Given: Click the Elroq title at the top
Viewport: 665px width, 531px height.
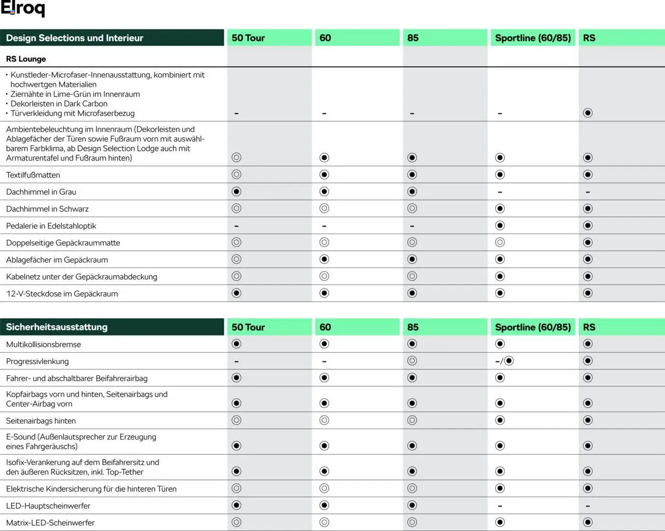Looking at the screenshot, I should pos(23,8).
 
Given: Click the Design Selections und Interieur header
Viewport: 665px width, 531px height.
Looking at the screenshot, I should pos(74,38).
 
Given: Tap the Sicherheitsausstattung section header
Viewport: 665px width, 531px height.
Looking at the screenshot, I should pos(57,327).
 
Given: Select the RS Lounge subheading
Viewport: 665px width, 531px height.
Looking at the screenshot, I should pos(26,59).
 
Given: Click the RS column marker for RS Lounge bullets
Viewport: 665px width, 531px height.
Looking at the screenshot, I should pos(588,113).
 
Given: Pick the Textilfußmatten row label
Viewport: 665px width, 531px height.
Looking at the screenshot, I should pos(33,175).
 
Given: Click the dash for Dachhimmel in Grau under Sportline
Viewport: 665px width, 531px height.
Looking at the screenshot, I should pos(500,192).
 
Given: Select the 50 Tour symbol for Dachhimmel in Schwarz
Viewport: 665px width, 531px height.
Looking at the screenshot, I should pos(236,209).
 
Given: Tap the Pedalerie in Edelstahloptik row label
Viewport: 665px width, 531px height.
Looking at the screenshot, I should pos(51,226).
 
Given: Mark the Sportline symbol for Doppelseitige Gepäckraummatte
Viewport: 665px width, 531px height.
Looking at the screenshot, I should pos(500,242).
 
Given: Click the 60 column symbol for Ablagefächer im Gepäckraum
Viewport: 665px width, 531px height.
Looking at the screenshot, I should pos(324,259).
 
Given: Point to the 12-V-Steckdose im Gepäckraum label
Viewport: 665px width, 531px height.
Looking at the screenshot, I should pos(62,293).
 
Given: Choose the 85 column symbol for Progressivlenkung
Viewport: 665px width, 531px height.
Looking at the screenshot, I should pos(412,361).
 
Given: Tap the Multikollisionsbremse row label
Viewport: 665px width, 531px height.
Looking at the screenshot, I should pos(44,344).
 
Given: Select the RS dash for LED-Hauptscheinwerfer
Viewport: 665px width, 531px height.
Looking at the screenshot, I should pos(588,506).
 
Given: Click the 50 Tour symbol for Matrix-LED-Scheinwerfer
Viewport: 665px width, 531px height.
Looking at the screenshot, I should pos(236,522).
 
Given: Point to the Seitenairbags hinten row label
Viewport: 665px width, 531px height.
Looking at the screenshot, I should pos(41,421).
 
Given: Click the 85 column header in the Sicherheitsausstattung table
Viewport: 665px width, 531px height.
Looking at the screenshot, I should pos(413,327).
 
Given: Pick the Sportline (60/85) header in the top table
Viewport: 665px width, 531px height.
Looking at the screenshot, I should pos(533,38).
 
